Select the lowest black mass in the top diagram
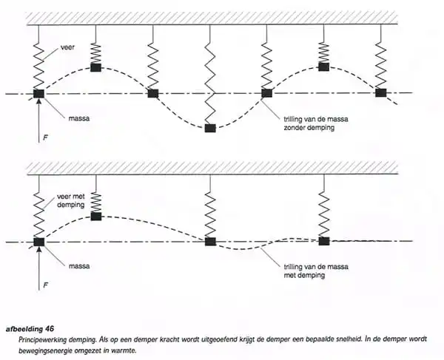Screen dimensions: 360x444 pos(210,129)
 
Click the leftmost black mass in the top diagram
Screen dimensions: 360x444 pos(38,94)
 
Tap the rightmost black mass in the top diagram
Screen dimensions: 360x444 pos(380,92)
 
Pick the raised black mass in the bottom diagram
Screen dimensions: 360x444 pos(95,216)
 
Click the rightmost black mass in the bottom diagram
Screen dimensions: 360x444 pos(323,240)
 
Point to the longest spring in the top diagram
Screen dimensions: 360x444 pos(210,74)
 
